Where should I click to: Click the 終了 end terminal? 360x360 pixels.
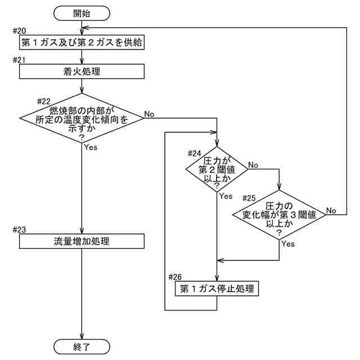82,346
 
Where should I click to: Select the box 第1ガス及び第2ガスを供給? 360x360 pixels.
82,43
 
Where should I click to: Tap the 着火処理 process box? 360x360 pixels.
82,71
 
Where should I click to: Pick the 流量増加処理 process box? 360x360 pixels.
82,242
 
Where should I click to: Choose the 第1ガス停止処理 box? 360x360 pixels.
217,290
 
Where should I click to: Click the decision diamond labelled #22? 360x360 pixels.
82,119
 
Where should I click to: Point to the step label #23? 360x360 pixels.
19,229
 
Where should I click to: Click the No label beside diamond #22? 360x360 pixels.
149,114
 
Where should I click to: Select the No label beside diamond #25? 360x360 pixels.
331,210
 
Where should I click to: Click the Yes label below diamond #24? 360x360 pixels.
226,196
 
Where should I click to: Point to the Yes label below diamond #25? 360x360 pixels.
287,244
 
